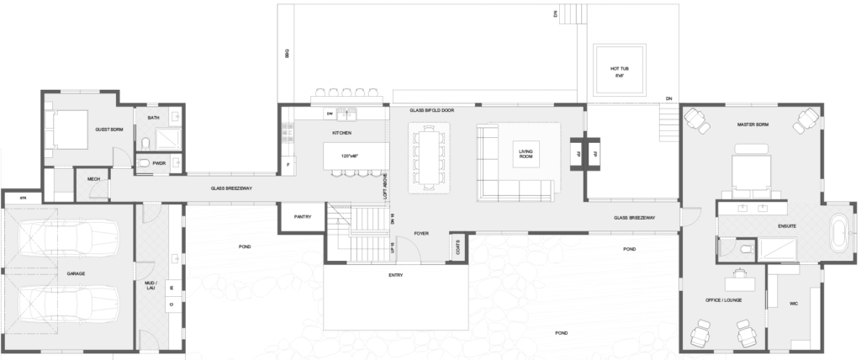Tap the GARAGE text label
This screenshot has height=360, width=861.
pyautogui.click(x=68, y=273)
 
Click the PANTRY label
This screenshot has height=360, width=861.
pyautogui.click(x=304, y=217)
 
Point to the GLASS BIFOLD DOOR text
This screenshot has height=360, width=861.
pyautogui.click(x=431, y=110)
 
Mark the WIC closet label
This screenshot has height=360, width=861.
pyautogui.click(x=793, y=304)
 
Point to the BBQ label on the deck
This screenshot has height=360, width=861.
pyautogui.click(x=288, y=55)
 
